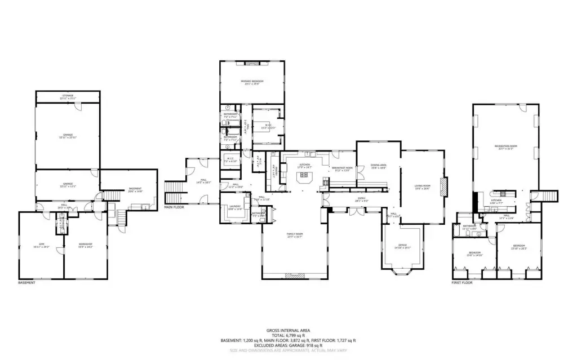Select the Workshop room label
click(x=85, y=245)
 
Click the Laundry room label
click(x=234, y=207)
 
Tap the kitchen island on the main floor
click(x=305, y=177)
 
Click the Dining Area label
click(x=378, y=166)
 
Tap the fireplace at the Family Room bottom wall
click(x=294, y=275)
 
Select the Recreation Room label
click(x=505, y=147)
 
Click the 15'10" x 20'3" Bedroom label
click(x=519, y=247)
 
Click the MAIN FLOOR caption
click(x=174, y=207)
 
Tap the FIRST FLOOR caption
click(x=462, y=283)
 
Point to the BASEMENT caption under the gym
click(x=26, y=283)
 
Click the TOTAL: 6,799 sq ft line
click(x=288, y=335)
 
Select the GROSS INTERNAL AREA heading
click(x=288, y=330)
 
